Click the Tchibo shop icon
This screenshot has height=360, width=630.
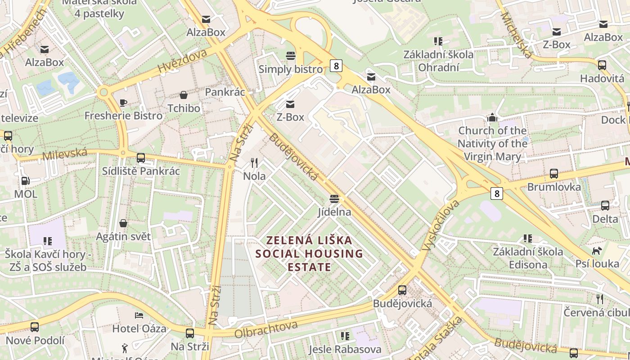tap(184, 95)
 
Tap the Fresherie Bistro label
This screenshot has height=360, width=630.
tap(123, 116)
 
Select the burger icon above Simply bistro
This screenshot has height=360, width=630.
tap(291, 56)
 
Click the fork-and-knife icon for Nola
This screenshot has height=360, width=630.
tap(254, 163)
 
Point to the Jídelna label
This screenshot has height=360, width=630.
tap(334, 211)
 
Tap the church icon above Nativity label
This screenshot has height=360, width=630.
tap(492, 118)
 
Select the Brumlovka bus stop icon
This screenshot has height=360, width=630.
tap(553, 174)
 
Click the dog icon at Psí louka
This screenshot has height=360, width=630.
tap(597, 250)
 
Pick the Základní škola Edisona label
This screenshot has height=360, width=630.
tap(528, 258)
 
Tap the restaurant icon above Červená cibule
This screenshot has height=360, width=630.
tap(599, 299)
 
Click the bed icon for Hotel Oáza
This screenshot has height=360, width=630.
tap(139, 315)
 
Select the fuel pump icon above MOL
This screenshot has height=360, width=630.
tap(26, 181)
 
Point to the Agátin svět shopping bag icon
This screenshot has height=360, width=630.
tap(123, 223)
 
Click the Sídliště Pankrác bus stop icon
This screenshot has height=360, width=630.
tap(141, 158)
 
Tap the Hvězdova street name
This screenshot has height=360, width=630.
tap(182, 61)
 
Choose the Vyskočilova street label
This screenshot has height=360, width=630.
tap(441, 225)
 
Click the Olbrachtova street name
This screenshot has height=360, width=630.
tap(265, 329)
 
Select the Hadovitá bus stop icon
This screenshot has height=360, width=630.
tap(602, 65)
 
